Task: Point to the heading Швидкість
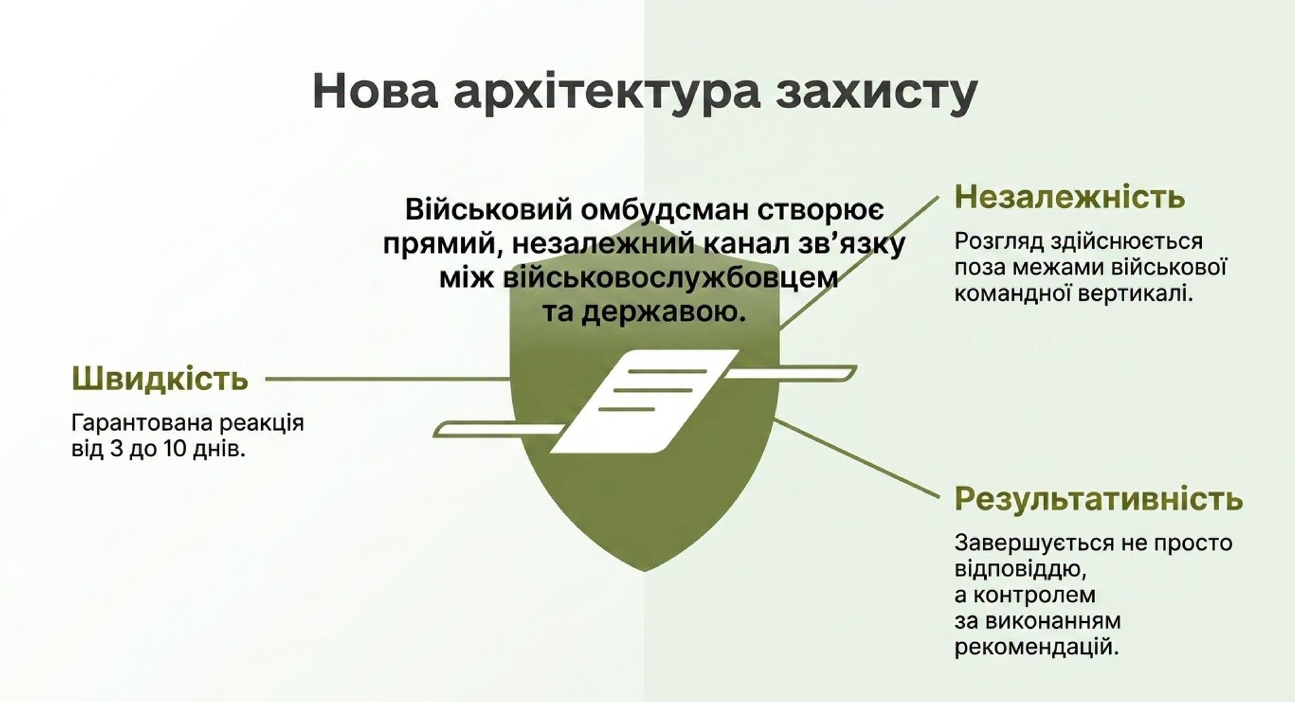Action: point(160,378)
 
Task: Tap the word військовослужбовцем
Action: point(670,279)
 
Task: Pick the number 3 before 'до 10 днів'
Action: point(116,449)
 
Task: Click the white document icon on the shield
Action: point(644,401)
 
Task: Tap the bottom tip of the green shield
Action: point(644,571)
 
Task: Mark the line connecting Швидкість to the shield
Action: point(388,379)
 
